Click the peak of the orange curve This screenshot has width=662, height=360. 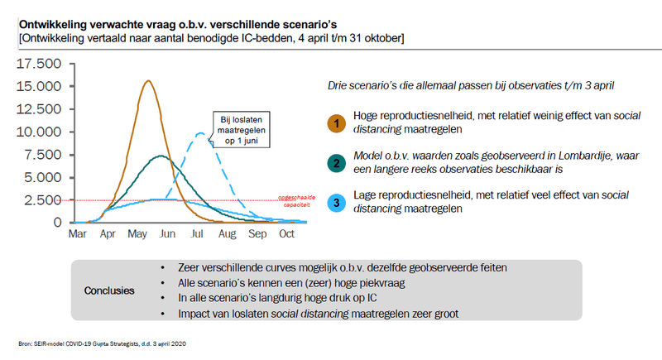tap(147, 81)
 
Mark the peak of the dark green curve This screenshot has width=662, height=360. tap(161, 156)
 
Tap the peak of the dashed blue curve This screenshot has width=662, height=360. tap(200, 132)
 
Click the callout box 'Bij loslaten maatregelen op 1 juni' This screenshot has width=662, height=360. tap(240, 130)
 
